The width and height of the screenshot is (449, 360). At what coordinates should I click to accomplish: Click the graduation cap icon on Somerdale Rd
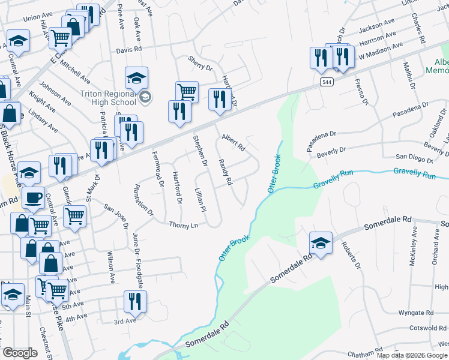[x=321, y=244]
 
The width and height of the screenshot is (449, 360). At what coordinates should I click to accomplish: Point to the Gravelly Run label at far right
[x=414, y=175]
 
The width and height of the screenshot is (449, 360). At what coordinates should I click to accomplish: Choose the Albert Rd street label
[x=234, y=142]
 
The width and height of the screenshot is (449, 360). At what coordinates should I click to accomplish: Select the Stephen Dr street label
[x=200, y=151]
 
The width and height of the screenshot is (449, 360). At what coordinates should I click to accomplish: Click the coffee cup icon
[x=34, y=199]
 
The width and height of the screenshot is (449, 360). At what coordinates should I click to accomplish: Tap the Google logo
[x=20, y=352]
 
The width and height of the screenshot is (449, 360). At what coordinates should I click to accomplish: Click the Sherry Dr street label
[x=200, y=64]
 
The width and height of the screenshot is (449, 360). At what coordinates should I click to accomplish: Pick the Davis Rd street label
[x=129, y=49]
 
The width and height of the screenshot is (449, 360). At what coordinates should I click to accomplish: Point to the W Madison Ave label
[x=381, y=52]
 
